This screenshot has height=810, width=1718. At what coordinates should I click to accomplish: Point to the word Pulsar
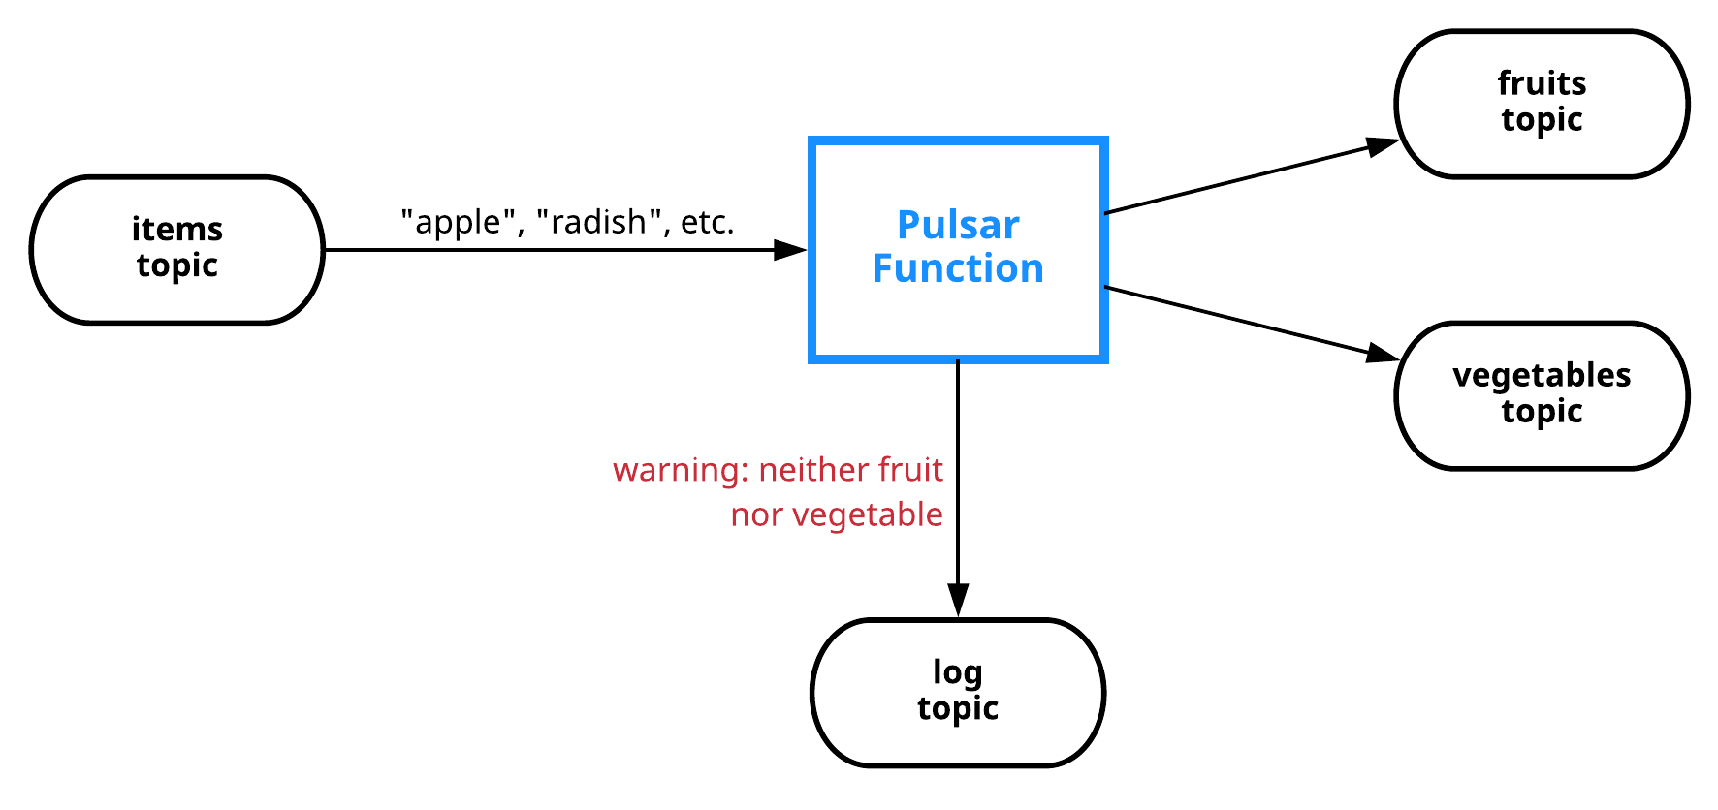click(958, 225)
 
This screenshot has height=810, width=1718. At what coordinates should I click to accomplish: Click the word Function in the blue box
click(958, 268)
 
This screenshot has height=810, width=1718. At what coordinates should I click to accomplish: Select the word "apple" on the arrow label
click(457, 223)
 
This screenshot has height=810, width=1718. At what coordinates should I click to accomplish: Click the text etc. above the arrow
click(707, 223)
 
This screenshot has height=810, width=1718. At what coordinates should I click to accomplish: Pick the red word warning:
click(681, 470)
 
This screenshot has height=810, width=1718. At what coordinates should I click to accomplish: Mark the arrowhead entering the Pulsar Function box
click(790, 250)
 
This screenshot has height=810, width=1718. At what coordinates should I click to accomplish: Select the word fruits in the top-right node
click(1542, 83)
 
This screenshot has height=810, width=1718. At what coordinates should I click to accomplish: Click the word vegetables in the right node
click(1542, 375)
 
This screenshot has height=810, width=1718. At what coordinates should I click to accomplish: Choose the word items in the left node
click(176, 230)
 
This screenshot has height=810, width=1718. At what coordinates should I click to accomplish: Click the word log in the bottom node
click(957, 672)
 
